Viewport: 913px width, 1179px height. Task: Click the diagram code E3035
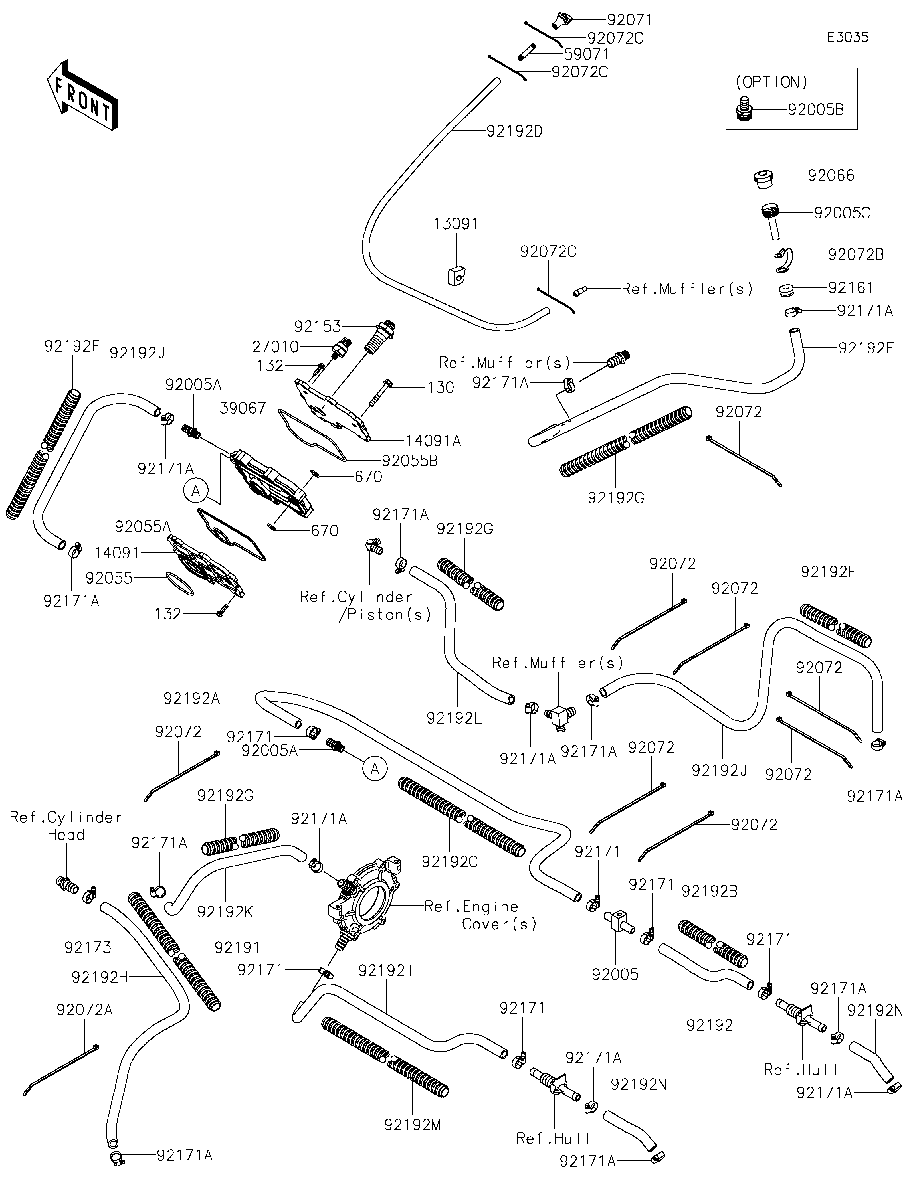[x=848, y=37]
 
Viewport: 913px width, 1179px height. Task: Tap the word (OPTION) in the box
[x=772, y=82]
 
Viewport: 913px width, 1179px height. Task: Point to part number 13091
[x=456, y=224]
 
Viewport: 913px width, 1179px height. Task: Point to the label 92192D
[x=514, y=131]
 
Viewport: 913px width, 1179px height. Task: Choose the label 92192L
[x=454, y=718]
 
